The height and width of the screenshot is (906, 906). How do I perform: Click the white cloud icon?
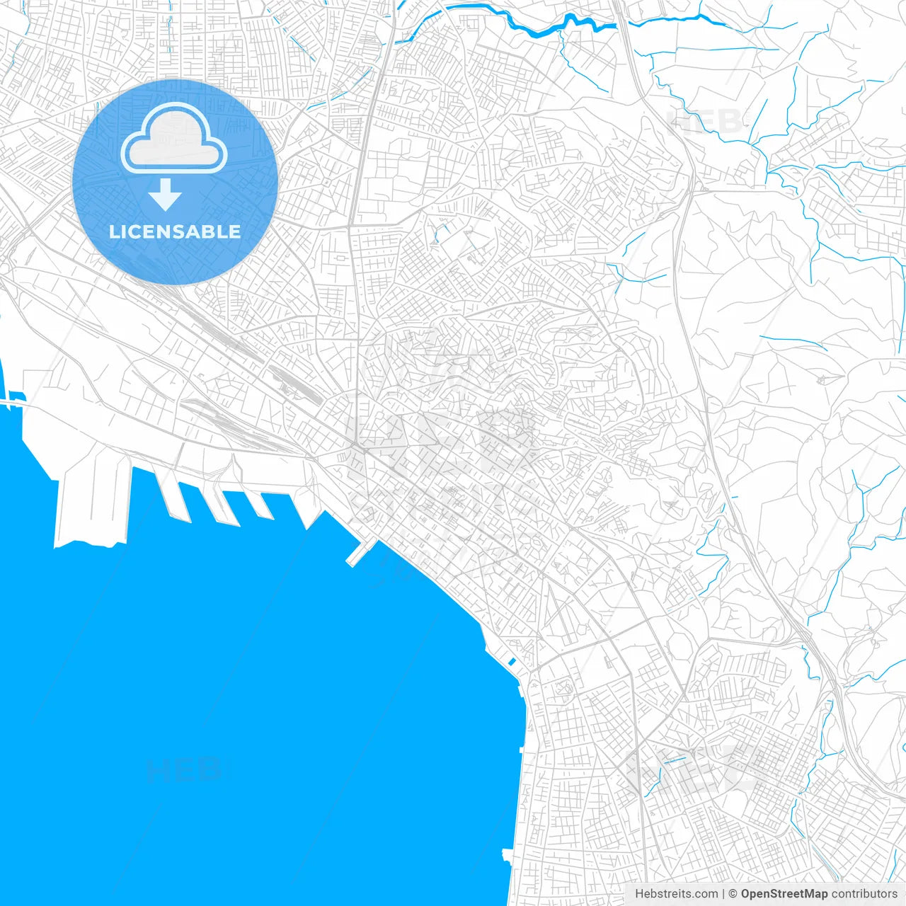[x=174, y=139]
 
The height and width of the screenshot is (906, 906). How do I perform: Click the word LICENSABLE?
[x=175, y=231]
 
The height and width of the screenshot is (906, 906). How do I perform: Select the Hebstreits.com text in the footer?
[x=676, y=894]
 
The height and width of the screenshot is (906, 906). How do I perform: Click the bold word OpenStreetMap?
[x=784, y=894]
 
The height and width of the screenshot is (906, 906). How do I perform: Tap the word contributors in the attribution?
[x=864, y=894]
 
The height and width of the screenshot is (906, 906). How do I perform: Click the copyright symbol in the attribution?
[x=733, y=894]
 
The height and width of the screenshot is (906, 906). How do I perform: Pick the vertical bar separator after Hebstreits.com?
[x=723, y=894]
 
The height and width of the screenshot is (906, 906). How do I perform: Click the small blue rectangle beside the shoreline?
[x=511, y=663]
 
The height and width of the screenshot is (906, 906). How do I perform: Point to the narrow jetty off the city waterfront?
[x=362, y=553]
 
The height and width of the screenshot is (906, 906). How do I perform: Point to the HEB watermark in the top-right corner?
[x=704, y=122]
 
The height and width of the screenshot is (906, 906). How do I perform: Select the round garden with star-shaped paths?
[x=564, y=687]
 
